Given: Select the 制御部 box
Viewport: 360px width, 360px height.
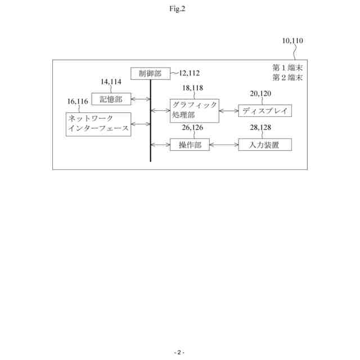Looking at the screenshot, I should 150,74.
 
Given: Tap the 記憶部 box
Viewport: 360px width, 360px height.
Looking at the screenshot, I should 111,100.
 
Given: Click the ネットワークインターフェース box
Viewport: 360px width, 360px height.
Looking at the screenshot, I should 98,124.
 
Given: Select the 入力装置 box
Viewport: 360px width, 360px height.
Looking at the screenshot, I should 264,145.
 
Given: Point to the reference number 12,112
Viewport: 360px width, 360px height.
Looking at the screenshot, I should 189,73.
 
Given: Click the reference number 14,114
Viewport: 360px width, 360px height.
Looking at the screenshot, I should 111,82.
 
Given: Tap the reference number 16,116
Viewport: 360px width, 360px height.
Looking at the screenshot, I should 78,102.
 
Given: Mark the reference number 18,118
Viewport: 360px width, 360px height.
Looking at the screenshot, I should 193,88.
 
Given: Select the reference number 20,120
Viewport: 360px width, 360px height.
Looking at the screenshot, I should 260,94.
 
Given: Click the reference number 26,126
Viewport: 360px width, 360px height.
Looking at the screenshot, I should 193,128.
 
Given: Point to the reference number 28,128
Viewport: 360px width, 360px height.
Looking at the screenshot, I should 260,128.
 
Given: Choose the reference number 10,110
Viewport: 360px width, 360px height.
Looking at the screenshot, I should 292,41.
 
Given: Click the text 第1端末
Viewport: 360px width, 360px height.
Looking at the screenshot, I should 287,68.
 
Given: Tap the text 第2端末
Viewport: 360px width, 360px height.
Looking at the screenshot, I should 287,78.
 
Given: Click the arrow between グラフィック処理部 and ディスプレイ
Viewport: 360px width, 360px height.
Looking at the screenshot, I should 228,111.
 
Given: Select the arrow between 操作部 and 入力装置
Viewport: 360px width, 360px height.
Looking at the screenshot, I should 223,145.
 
